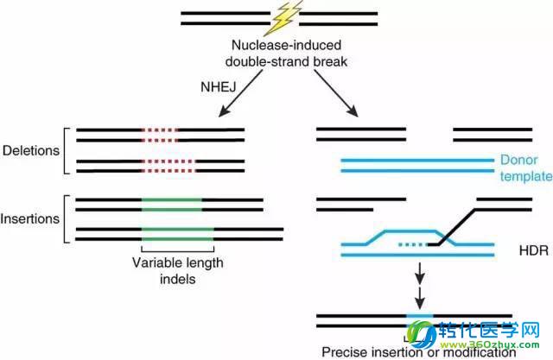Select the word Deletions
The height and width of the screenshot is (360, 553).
pyautogui.click(x=31, y=149)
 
